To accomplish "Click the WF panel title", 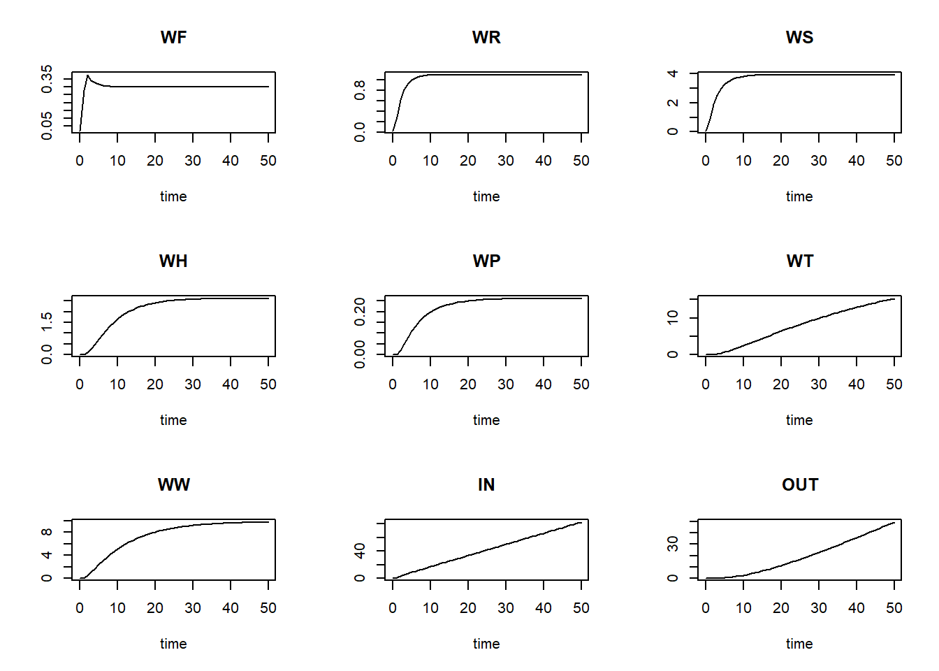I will coord(173,37).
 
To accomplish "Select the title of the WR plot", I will coord(486,37).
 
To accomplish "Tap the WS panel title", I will coord(799,37).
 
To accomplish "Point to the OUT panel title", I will coord(799,484).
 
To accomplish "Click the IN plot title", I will coord(486,484).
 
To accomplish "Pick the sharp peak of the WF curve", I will coord(87,75).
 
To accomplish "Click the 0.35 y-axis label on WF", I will coord(47,79).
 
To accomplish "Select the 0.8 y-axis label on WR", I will coord(360,89).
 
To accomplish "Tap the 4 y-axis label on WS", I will coord(673,73).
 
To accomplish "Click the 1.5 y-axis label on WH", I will coord(47,322).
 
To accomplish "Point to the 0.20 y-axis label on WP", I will coord(360,312).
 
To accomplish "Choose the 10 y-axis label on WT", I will coord(673,318).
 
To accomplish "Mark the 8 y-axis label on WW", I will coord(47,532).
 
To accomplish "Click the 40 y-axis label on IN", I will coord(360,551).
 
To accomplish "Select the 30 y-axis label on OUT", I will coord(673,544).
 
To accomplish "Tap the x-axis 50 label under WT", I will coord(894,384).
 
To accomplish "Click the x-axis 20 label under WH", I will coord(155,384).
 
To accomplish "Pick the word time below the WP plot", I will coord(486,420).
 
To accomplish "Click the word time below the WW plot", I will coord(173,644).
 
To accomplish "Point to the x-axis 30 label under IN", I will coord(506,608).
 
